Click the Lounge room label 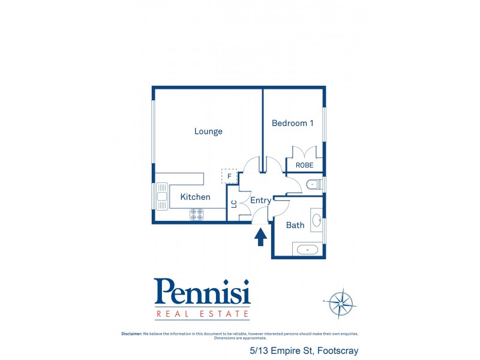point(208,131)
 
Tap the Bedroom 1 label point(293,123)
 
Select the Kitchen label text point(195,197)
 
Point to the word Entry point(260,200)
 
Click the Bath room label point(295,225)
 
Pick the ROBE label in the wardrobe point(305,165)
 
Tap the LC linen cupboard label point(233,204)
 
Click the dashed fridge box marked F point(229,176)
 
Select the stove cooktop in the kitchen point(197,214)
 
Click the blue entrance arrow point(261,238)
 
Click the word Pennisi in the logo point(202,292)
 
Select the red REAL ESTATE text point(202,313)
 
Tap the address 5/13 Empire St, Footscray point(304,350)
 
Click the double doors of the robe point(305,152)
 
